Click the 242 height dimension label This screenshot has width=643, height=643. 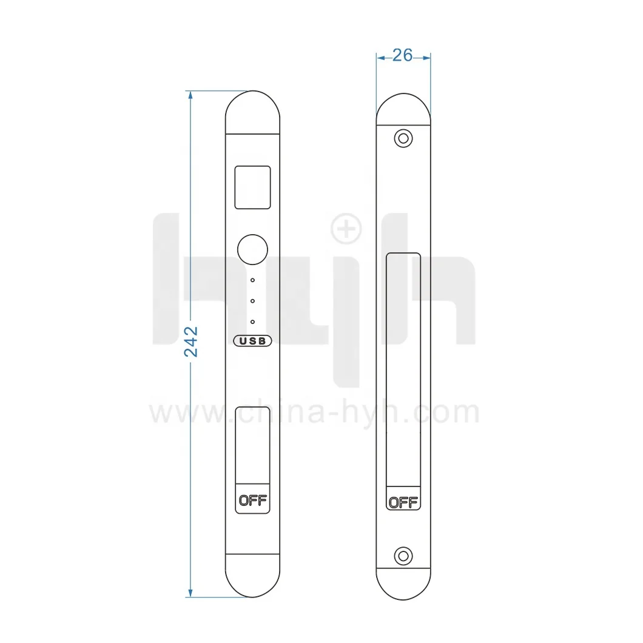pos(191,342)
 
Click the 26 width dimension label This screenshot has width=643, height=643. pos(403,55)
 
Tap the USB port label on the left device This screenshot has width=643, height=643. pos(253,341)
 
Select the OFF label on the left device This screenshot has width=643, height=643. pos(253,500)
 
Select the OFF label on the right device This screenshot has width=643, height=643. pos(403,502)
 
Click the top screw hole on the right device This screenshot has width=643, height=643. pos(403,138)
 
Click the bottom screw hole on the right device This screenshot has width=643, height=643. pos(403,556)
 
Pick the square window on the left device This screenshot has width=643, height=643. pos(253,187)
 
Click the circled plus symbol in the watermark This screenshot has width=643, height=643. pos(346,230)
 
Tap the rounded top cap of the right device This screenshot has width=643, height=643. pos(403,110)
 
